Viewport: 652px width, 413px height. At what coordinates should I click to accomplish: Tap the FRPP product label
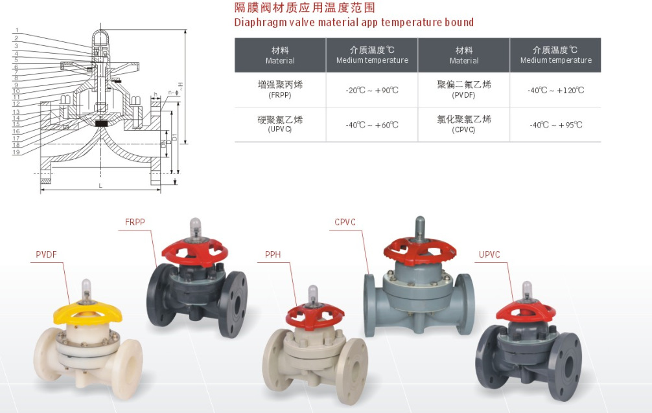click(x=135, y=222)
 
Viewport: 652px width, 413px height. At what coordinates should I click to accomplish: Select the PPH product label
click(x=273, y=254)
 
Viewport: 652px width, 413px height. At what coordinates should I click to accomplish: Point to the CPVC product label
click(x=345, y=223)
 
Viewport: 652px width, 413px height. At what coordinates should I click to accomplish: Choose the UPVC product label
click(x=489, y=254)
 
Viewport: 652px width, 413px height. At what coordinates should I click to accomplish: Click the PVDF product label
click(x=47, y=255)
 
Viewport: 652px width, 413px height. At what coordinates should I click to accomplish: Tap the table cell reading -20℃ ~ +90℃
click(x=372, y=91)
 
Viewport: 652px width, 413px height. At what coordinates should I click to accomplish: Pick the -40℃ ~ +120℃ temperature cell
click(x=555, y=91)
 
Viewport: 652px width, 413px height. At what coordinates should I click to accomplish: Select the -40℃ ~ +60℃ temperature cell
click(x=372, y=125)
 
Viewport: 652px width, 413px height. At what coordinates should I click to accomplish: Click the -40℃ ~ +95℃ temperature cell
click(x=555, y=125)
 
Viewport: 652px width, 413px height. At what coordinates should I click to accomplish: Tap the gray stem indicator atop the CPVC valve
click(x=419, y=227)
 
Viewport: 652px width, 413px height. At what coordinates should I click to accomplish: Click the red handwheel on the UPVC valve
click(x=526, y=311)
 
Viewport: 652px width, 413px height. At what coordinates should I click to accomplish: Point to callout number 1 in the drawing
click(x=17, y=31)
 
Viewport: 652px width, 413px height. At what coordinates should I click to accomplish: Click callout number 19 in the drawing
click(x=17, y=152)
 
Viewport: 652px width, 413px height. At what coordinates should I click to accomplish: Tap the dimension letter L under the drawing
click(x=100, y=186)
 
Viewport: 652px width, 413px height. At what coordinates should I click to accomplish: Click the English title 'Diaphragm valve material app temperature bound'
click(x=354, y=23)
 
